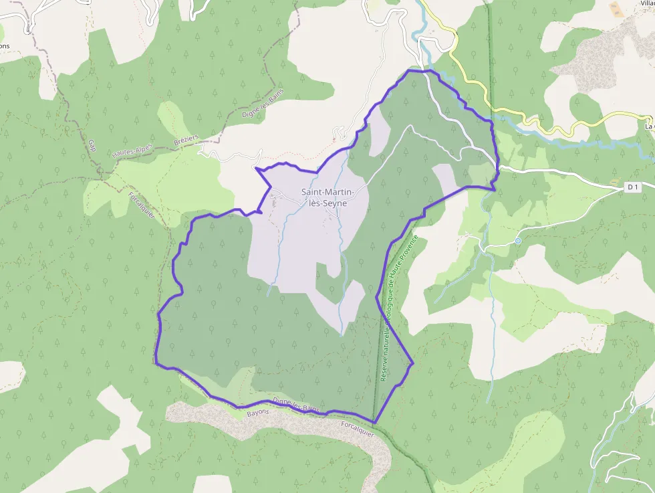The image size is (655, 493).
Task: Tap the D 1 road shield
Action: tap(633, 188)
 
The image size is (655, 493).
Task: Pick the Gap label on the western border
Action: tap(92, 145)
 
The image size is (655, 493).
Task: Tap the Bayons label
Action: tap(258, 413)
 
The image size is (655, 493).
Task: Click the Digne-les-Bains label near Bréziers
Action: tap(262, 105)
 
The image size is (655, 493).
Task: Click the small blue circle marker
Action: tap(517, 241)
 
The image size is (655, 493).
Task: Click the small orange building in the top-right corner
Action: tap(616, 9)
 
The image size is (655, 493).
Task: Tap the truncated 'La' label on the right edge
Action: tap(648, 125)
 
